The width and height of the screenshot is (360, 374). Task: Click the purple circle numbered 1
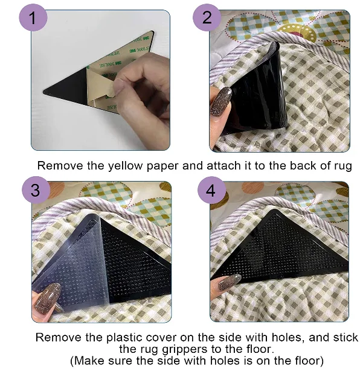(33, 17)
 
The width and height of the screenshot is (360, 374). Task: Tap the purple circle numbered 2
(207, 17)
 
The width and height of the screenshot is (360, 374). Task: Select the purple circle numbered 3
(36, 190)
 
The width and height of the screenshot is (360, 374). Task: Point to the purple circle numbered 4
(211, 190)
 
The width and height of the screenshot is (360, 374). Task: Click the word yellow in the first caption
(125, 166)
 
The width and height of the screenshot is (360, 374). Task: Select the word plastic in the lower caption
(123, 338)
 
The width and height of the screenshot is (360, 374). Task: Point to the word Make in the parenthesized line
(90, 360)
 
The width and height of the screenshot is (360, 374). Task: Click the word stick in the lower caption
(344, 338)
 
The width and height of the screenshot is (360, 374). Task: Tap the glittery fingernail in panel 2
(220, 101)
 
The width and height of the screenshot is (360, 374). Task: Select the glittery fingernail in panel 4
(230, 282)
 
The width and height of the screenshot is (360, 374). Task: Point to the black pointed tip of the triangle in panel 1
(44, 92)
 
